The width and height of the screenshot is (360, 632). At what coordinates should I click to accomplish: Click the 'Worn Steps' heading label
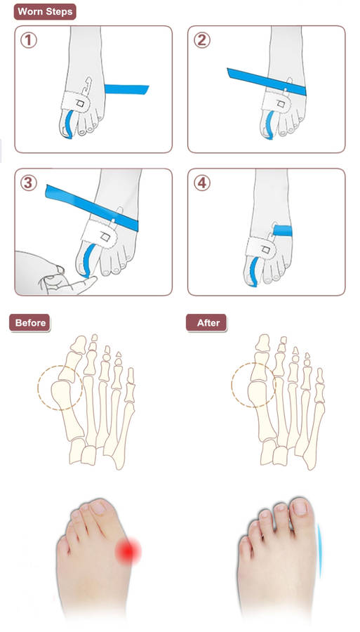[x=45, y=12]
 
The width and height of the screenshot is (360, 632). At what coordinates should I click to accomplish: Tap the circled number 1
[x=28, y=40]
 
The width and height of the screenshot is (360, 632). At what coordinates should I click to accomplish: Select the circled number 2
[x=201, y=40]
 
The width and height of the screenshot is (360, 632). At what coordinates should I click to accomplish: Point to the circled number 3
[x=28, y=183]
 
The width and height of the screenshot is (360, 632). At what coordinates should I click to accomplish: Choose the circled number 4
[x=201, y=183]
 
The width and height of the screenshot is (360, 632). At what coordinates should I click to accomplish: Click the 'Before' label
[x=29, y=323]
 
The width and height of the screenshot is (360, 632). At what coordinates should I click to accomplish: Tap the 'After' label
[x=206, y=323]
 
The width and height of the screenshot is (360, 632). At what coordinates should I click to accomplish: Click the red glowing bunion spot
[x=128, y=551]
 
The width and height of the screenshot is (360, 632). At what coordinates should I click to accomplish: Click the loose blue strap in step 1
[x=126, y=89]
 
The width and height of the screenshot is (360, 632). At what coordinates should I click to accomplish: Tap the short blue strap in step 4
[x=283, y=230]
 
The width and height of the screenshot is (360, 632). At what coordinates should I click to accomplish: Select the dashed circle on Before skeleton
[x=60, y=388]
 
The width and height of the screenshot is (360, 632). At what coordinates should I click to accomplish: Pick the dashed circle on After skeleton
[x=254, y=385]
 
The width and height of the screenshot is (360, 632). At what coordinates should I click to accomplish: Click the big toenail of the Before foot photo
[x=98, y=508]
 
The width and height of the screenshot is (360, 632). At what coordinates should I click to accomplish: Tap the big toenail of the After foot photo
[x=300, y=506]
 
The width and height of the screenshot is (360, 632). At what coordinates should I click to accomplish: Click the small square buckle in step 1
[x=80, y=104]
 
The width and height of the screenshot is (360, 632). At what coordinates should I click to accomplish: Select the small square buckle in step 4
[x=266, y=249]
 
